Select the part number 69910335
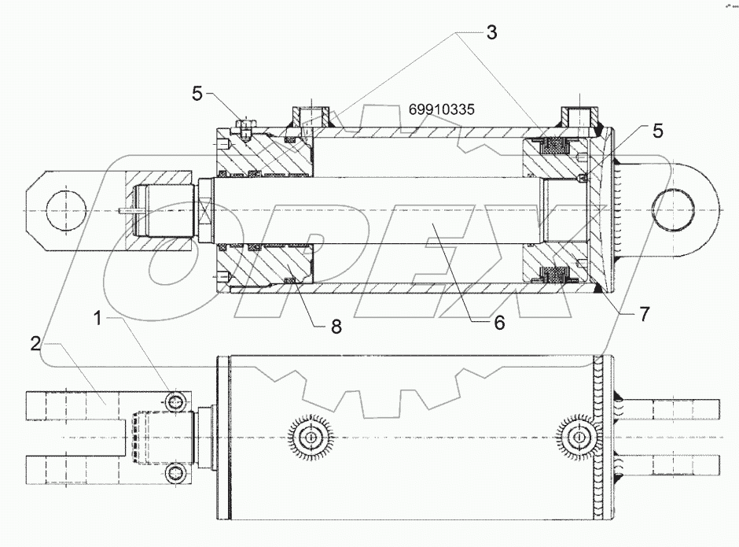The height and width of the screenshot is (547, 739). click(441, 109)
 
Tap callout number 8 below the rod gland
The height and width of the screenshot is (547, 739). click(336, 327)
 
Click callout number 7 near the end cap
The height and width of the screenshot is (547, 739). click(643, 315)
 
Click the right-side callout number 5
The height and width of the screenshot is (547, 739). click(657, 131)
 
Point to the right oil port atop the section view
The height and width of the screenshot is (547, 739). click(579, 116)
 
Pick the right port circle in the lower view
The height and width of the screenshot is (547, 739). click(579, 437)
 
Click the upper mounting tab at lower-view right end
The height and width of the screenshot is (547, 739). click(676, 409)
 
